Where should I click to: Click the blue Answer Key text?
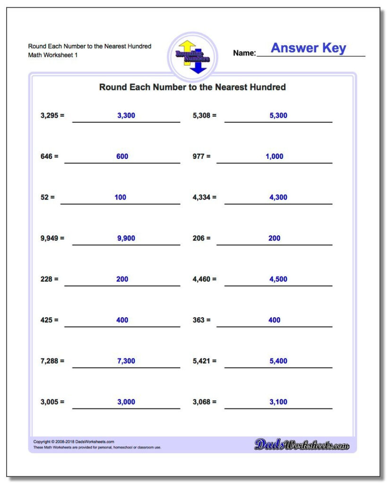308,48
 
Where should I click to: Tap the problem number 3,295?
49,115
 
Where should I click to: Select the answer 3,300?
126,115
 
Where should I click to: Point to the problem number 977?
199,156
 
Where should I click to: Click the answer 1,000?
275,156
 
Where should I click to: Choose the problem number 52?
44,197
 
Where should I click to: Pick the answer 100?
120,197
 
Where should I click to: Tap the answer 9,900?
126,238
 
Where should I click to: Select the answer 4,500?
278,279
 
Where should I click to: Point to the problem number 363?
199,320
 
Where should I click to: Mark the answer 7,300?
126,361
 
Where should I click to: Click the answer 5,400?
278,361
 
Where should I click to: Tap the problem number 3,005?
49,402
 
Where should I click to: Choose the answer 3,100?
278,402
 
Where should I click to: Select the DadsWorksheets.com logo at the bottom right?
301,444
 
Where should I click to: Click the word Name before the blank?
244,53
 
